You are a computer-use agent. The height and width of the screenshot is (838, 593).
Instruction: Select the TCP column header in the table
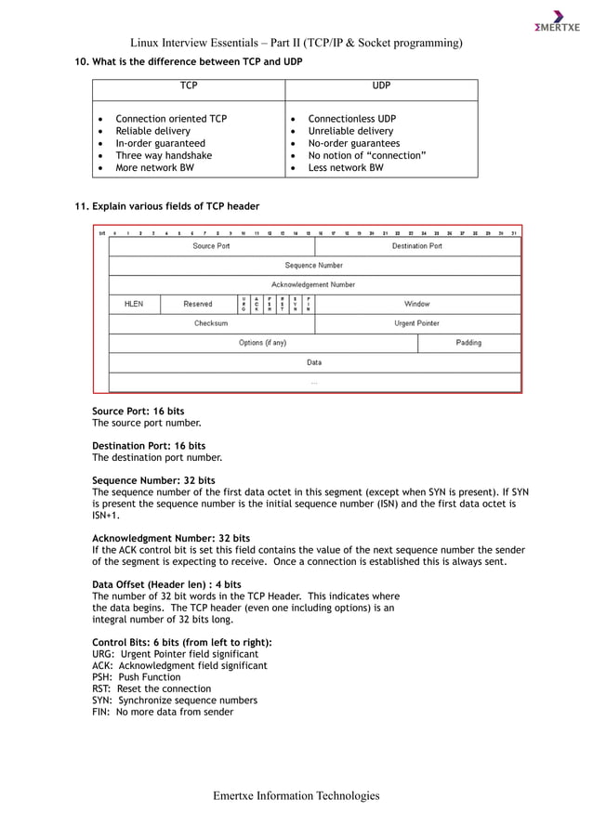189,85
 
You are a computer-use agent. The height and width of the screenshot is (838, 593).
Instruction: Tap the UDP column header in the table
381,85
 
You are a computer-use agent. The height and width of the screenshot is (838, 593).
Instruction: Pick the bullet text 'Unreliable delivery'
350,131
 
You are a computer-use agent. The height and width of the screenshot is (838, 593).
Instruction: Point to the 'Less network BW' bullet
345,168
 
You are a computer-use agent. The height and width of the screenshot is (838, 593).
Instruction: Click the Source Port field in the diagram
211,246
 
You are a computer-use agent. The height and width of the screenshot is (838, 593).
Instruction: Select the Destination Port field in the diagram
417,246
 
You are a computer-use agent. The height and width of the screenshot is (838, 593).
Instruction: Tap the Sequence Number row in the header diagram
314,266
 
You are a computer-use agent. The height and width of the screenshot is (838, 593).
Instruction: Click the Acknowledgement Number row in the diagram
314,284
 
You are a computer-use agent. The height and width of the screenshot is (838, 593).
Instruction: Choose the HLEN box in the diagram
134,304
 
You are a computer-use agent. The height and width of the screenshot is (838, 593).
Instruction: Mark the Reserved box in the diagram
198,304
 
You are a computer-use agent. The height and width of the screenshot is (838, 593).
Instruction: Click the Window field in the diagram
417,304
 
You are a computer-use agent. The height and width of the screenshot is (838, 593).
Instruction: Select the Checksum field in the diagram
211,323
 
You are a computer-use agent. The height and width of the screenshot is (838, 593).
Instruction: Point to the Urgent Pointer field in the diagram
417,323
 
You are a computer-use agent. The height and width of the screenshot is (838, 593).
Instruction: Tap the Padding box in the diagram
468,343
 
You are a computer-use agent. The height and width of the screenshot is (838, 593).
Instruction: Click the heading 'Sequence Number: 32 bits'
153,480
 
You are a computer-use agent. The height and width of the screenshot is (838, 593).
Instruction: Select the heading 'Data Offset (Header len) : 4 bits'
166,584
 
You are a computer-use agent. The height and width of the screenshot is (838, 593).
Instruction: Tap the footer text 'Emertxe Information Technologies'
296,795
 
